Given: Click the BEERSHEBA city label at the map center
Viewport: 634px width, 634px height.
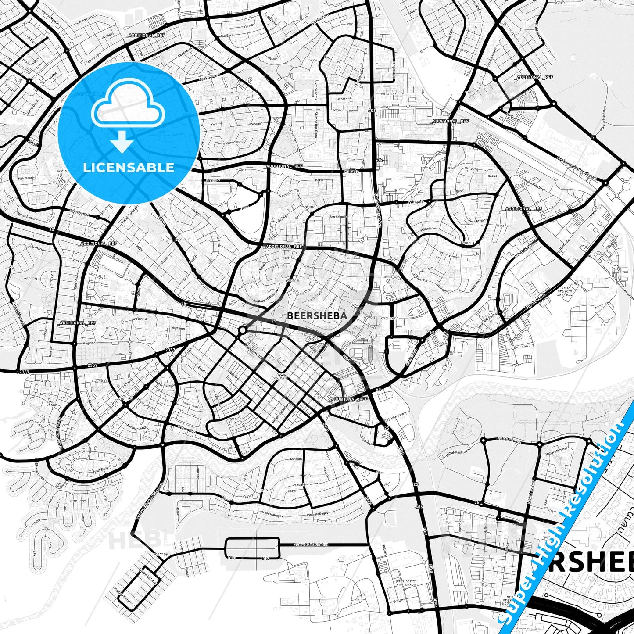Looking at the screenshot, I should pos(317,315).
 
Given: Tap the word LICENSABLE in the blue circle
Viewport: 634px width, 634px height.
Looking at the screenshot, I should pos(129,167).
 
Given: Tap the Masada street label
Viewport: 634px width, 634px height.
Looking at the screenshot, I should pos(351,172).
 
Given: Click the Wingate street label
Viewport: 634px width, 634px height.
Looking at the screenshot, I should pos(416,202).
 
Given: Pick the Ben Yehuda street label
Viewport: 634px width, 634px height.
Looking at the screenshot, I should pos(338,217).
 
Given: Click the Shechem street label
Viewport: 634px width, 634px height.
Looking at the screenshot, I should pos(178,328).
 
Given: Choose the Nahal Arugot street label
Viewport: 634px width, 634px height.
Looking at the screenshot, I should pos(509,438).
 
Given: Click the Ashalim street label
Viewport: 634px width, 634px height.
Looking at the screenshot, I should pos(296,459).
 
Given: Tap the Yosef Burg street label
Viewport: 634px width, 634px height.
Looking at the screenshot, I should pos(98,469).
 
